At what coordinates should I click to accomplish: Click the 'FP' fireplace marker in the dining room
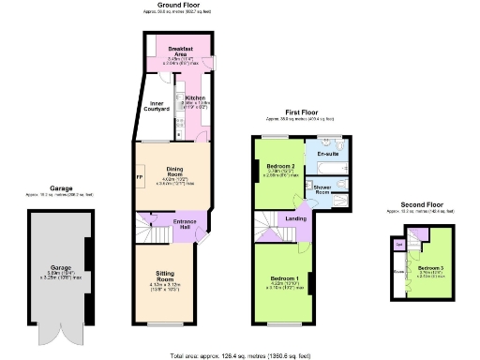tap(140, 175)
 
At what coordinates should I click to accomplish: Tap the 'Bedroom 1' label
tap(285, 279)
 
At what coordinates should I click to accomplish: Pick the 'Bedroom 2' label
tap(281, 166)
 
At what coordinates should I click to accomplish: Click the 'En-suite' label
tap(328, 153)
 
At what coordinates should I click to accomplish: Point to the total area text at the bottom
tap(240, 355)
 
